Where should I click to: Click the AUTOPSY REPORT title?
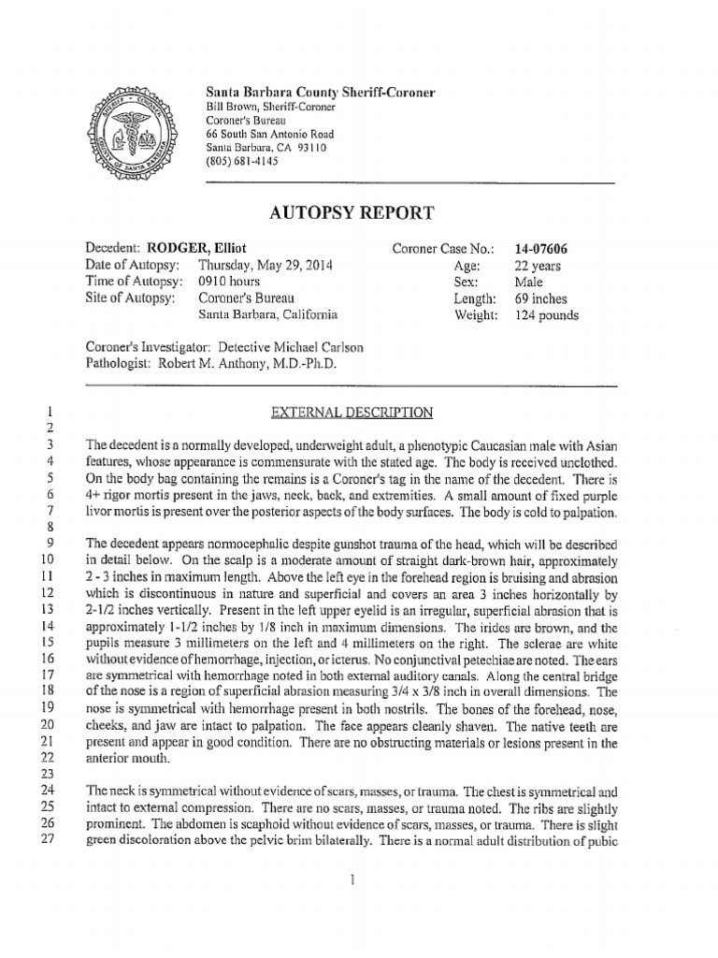[352, 212]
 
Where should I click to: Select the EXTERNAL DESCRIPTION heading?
[352, 411]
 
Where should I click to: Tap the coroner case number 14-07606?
[541, 249]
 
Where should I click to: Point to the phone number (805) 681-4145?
[243, 160]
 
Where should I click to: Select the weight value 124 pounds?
[547, 315]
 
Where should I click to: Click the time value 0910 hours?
[229, 282]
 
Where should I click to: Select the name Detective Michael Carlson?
[278, 347]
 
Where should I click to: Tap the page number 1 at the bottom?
[348, 878]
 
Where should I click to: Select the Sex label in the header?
[466, 282]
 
